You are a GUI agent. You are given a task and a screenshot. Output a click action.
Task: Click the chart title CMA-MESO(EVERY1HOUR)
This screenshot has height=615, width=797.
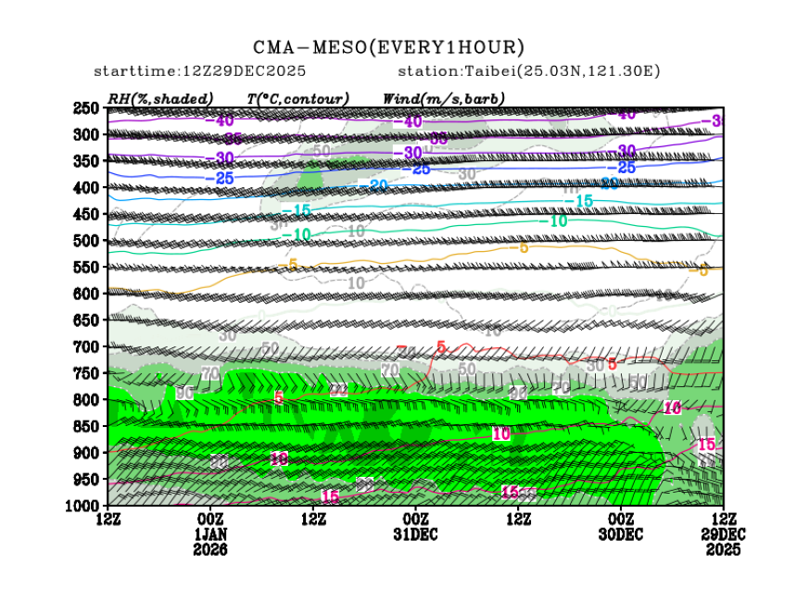coord(389,47)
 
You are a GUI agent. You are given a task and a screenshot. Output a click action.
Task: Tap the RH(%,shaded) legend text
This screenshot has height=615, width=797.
coord(160,98)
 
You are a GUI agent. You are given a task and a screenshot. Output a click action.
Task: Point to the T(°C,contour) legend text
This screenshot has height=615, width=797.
coord(297,98)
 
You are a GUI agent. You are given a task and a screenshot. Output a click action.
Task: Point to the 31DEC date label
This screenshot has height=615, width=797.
coord(416,534)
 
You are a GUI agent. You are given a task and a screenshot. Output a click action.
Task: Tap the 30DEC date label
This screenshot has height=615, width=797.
coord(620,534)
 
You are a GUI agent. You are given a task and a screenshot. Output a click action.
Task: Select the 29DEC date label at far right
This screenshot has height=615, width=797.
coord(722,534)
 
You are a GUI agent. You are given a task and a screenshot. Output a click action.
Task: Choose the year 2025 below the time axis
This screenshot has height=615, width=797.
coord(722,549)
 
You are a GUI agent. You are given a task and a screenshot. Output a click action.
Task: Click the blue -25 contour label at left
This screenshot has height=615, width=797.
coord(224,177)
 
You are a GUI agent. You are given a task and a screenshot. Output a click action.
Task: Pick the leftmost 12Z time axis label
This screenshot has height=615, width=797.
coord(108,519)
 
